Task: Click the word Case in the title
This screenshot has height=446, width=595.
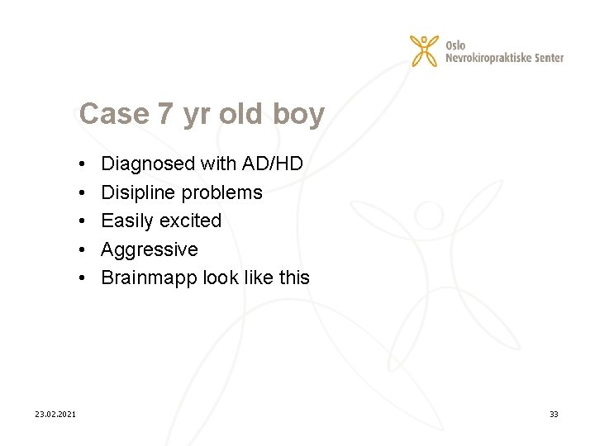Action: pos(114,114)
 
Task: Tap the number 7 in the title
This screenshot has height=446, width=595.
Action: pos(165,114)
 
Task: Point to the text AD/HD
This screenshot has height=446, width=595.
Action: pos(272,164)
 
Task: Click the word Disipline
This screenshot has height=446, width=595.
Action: pos(138,192)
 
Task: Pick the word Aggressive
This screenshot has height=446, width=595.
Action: pos(149,249)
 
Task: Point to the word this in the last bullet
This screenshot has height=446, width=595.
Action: pos(294,278)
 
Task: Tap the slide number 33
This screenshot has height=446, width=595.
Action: pos(554,414)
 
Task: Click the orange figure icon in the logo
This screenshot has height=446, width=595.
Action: pos(425,50)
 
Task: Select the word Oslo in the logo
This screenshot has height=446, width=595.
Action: pos(455,44)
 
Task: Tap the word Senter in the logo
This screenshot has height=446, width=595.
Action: pos(548,58)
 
